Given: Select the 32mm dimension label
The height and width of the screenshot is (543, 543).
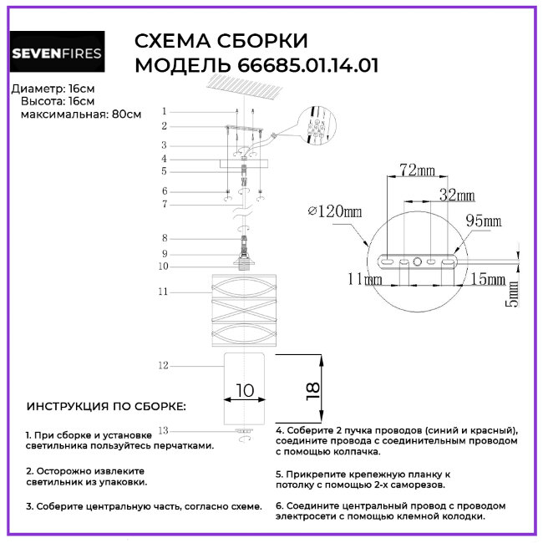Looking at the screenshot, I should pos(456,195).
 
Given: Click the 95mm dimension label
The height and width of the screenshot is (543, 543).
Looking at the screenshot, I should pos(483,221).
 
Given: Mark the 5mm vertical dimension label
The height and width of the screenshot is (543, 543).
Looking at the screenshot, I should pos(512,292).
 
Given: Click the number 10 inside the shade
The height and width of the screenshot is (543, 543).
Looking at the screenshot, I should pos(245,390).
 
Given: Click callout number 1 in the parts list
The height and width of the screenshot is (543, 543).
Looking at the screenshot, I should pos(165,111).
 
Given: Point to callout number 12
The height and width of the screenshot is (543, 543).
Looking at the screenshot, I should pos(163,365).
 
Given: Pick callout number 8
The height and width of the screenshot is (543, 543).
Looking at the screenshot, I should pos(165,238).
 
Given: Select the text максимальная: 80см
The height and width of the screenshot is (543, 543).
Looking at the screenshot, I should pos(80,113).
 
